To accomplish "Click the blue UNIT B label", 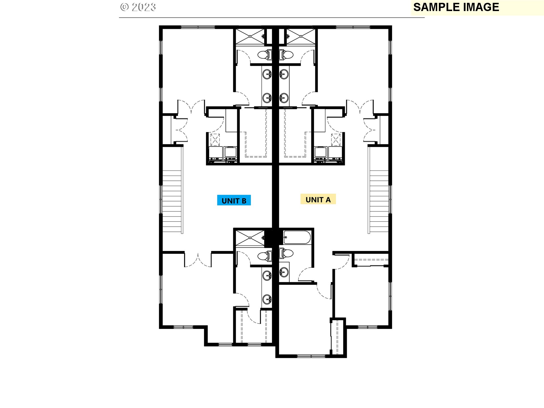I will click(234, 200).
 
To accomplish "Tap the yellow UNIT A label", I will click(318, 199).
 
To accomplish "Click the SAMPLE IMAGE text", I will click(456, 7).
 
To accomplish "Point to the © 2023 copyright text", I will click(138, 7).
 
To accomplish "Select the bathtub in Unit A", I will click(297, 237).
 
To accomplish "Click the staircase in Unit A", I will click(379, 201).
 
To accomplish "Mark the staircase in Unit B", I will click(172, 201).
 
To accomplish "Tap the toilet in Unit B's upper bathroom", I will click(265, 55).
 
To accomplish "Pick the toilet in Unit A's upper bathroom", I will click(286, 55).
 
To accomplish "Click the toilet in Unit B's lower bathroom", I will click(265, 256).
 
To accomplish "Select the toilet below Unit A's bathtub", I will click(286, 253).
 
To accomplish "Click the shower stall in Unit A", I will click(301, 36).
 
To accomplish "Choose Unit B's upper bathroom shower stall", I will click(250, 36).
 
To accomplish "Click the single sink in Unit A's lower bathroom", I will click(284, 273).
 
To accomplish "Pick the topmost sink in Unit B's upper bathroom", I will click(267, 75).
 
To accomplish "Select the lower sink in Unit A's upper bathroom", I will click(284, 98).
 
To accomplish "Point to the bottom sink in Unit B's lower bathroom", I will click(267, 299).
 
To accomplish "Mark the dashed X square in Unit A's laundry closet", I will click(336, 140).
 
